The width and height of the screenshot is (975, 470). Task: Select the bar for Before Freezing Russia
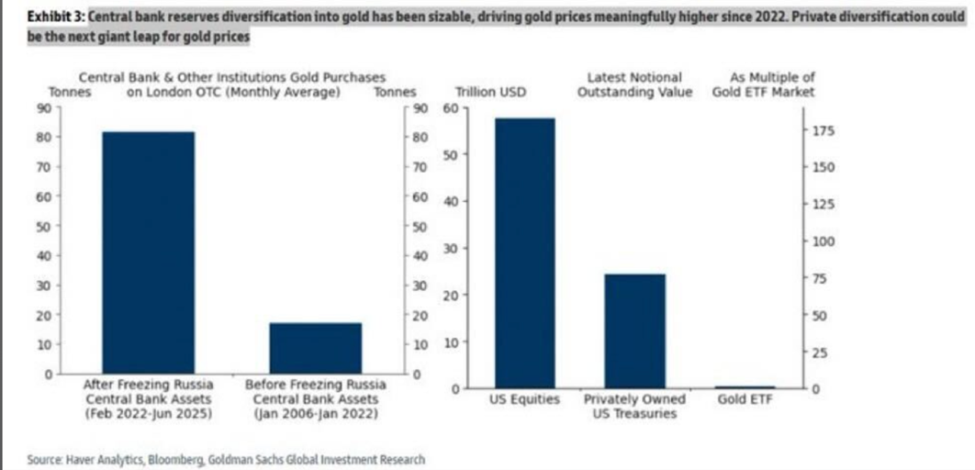click(x=316, y=348)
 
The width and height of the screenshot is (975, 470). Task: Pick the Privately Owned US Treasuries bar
click(x=634, y=330)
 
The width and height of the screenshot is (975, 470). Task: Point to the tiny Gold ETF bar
click(x=745, y=386)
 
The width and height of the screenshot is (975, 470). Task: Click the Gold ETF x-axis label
click(x=745, y=399)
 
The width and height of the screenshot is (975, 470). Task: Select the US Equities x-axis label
click(x=524, y=399)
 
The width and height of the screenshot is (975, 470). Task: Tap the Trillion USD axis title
click(x=490, y=93)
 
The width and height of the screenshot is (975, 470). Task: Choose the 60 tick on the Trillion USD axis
click(x=451, y=108)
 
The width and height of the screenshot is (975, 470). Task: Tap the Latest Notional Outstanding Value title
click(x=634, y=85)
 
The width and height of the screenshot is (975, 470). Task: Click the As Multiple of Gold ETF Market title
click(x=763, y=85)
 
